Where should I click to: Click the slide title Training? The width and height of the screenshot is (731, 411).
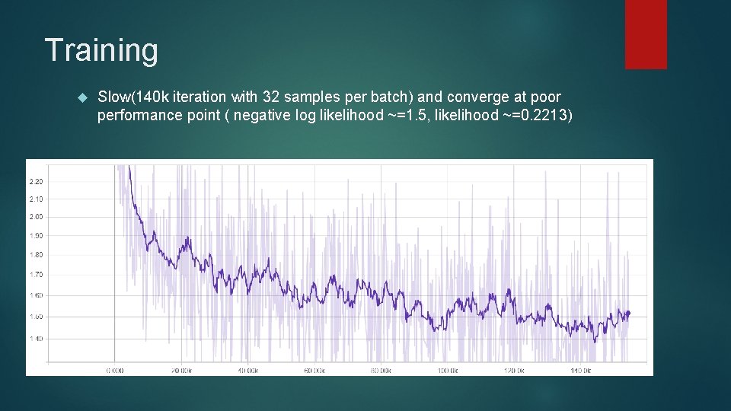point(101,51)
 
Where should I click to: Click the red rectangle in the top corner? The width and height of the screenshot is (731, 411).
point(646,34)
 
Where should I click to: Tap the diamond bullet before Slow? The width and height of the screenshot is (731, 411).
point(83,97)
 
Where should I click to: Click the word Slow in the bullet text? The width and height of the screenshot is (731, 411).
point(114,97)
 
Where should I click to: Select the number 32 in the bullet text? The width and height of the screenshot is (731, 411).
point(271,97)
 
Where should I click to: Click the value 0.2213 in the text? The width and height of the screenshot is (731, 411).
point(542,116)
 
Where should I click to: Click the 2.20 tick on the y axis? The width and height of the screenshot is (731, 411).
point(36,181)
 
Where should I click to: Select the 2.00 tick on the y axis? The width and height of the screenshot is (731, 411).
point(36,217)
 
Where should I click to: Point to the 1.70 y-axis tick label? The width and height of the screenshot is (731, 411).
point(36,274)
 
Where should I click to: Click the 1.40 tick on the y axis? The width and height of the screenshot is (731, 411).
point(36,338)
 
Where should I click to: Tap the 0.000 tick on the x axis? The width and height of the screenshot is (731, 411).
point(114,371)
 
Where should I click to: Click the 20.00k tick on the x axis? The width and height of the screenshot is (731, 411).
point(180,371)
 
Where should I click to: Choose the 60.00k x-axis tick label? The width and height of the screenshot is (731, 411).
point(314,371)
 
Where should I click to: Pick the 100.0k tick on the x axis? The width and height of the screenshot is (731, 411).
point(447,371)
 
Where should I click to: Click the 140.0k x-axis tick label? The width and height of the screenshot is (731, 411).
point(580,371)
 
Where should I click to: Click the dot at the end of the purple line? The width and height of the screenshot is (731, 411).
point(628,312)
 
